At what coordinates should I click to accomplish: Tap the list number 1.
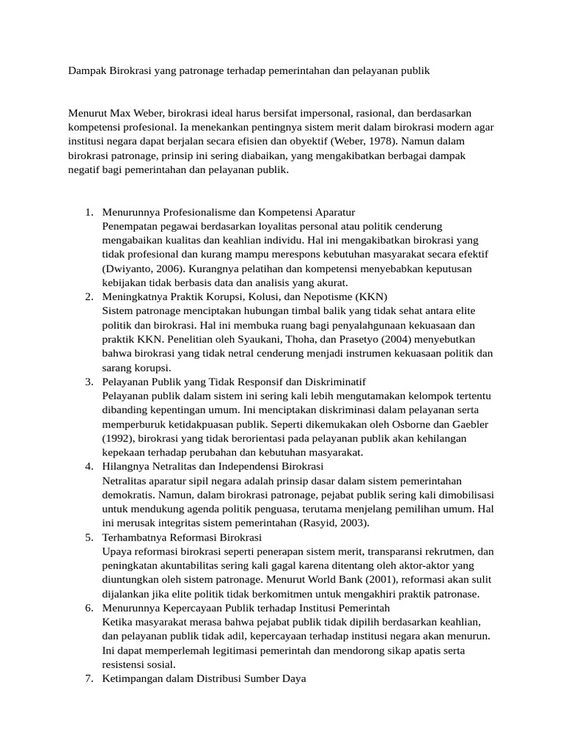coord(88,213)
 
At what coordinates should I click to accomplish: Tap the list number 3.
coord(88,381)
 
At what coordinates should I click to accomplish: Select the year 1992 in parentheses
coord(117,438)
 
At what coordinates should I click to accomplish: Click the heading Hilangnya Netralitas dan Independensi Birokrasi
coord(213,466)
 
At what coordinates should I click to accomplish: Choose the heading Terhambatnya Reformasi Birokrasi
coord(182,537)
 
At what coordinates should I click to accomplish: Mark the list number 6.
coord(88,607)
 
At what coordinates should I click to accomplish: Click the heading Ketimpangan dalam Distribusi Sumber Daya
coord(204,678)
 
